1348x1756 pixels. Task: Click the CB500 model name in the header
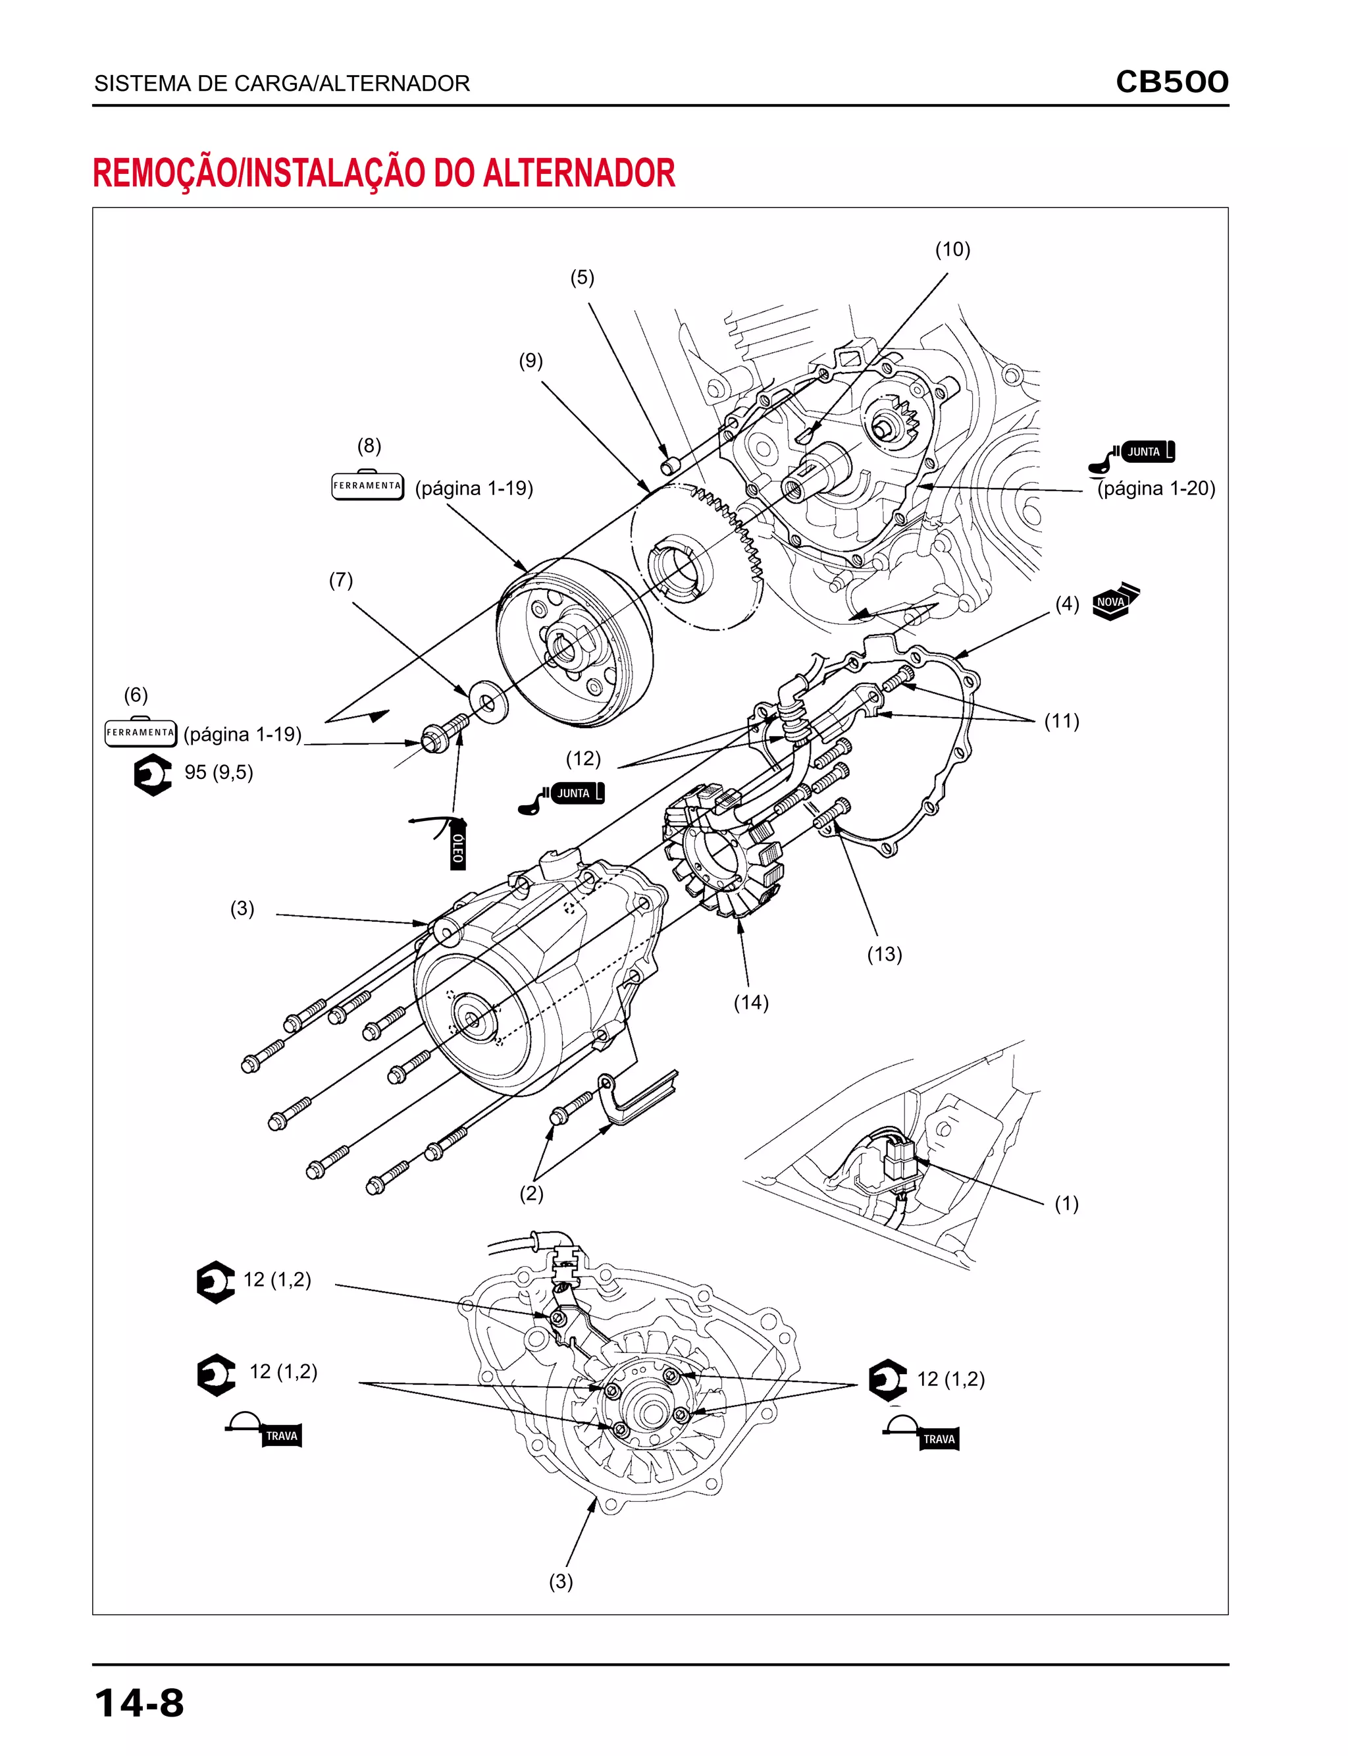1172,82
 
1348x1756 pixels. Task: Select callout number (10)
952,250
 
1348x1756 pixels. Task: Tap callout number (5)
582,278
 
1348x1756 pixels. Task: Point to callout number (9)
531,361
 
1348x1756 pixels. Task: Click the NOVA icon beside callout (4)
1115,601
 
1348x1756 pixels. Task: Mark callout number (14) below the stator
751,1002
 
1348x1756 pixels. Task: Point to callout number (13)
884,954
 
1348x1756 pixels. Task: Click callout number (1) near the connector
1066,1204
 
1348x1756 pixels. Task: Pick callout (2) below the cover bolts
531,1194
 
